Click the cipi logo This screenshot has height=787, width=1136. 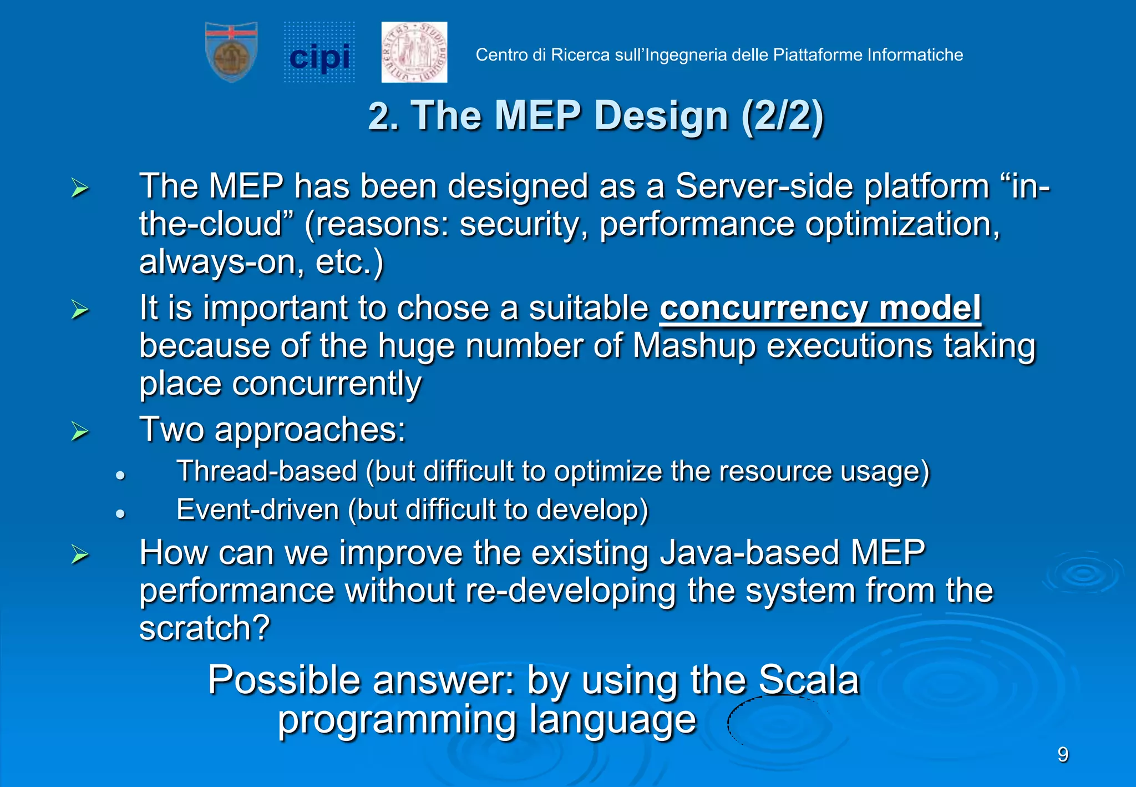pyautogui.click(x=319, y=53)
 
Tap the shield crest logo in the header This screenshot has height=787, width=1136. pyautogui.click(x=231, y=52)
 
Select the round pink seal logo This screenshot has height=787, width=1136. pyautogui.click(x=414, y=52)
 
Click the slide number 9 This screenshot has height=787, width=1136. pyautogui.click(x=1063, y=755)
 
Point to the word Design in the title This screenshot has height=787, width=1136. pyautogui.click(x=661, y=116)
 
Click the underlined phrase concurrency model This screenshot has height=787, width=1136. pyautogui.click(x=820, y=309)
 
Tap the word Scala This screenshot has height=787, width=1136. pyautogui.click(x=808, y=680)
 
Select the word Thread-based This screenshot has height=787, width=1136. pyautogui.click(x=267, y=472)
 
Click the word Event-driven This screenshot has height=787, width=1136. pyautogui.click(x=257, y=510)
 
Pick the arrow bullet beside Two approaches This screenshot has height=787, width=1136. pyautogui.click(x=80, y=431)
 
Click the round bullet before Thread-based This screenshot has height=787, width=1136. pyautogui.click(x=120, y=476)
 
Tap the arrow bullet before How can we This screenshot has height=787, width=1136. pyautogui.click(x=80, y=554)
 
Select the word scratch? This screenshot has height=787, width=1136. pyautogui.click(x=204, y=629)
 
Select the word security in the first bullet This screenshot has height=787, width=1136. pyautogui.click(x=518, y=225)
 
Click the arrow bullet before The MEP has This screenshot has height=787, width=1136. pyautogui.click(x=80, y=188)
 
